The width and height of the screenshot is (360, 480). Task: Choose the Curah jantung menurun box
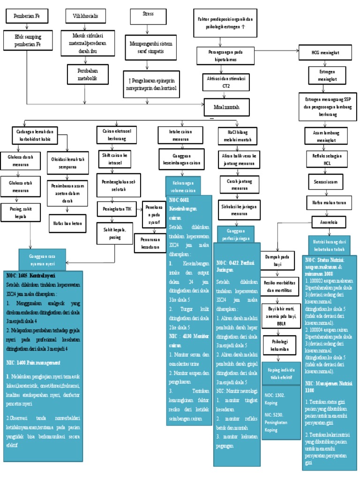[235, 184]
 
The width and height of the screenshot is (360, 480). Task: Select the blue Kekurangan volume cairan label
[182, 185]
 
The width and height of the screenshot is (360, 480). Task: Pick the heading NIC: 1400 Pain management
[33, 363]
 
